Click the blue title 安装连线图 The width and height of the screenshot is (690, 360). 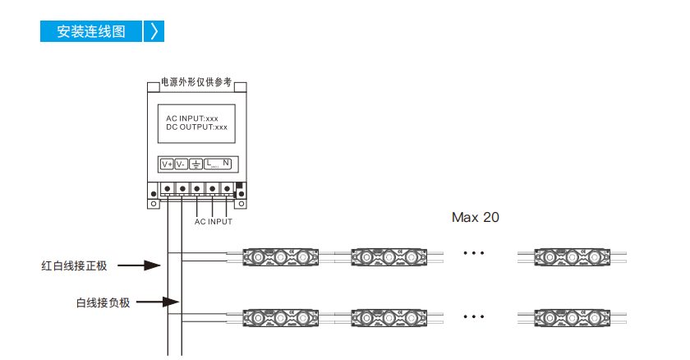(x=91, y=31)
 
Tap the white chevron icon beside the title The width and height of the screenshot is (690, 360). (x=154, y=31)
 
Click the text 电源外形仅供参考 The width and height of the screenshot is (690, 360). (x=196, y=82)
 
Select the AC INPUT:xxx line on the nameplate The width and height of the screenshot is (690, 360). (x=192, y=118)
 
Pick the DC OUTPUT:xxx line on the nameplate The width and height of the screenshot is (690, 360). (x=196, y=127)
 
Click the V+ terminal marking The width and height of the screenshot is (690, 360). (x=167, y=164)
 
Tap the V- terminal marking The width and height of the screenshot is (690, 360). (x=181, y=164)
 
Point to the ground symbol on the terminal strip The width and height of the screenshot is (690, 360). (x=195, y=164)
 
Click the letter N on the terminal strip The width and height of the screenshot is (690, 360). (x=225, y=163)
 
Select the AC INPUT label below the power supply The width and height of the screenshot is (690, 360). (x=214, y=222)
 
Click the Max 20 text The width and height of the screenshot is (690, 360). (x=476, y=217)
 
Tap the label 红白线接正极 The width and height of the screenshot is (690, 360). (x=74, y=265)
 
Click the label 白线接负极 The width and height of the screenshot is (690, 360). (x=103, y=302)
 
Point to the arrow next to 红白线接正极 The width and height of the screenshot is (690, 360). (x=139, y=265)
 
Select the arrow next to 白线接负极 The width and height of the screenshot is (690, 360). (x=158, y=302)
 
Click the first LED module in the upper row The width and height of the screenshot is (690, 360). (x=281, y=257)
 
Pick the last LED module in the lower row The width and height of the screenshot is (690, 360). (x=572, y=318)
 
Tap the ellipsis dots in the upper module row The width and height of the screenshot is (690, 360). (x=474, y=253)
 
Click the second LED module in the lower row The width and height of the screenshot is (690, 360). (x=389, y=318)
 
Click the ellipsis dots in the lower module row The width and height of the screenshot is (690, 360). (x=474, y=316)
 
